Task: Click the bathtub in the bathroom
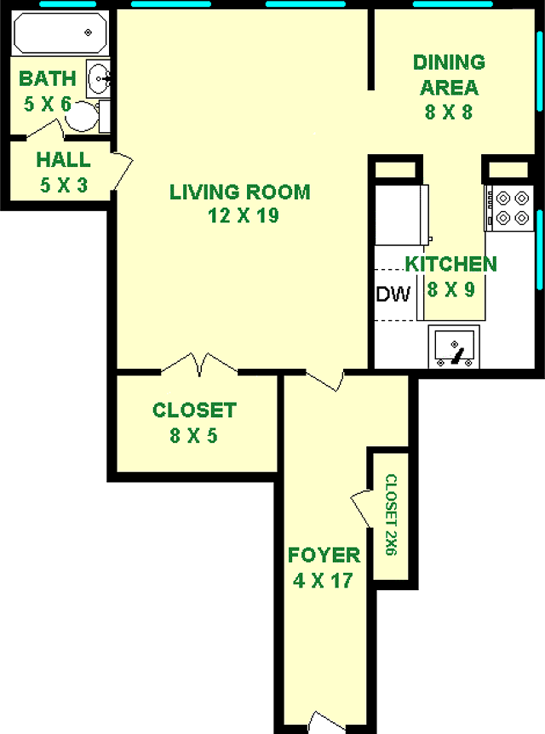(x=60, y=32)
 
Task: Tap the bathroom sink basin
(x=98, y=78)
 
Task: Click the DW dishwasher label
(x=393, y=295)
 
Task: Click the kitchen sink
(x=454, y=347)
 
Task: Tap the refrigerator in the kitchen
(x=401, y=215)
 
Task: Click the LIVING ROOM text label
(x=240, y=192)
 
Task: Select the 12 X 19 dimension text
(x=244, y=215)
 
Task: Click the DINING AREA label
(x=449, y=75)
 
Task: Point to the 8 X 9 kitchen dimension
(x=450, y=290)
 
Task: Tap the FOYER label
(x=324, y=556)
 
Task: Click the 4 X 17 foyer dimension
(x=323, y=581)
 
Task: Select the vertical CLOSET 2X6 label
(x=392, y=515)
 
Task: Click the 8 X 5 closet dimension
(x=194, y=436)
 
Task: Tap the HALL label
(x=63, y=160)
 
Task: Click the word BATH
(x=48, y=78)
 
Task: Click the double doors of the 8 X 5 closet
(x=199, y=364)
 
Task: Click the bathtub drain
(x=88, y=32)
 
